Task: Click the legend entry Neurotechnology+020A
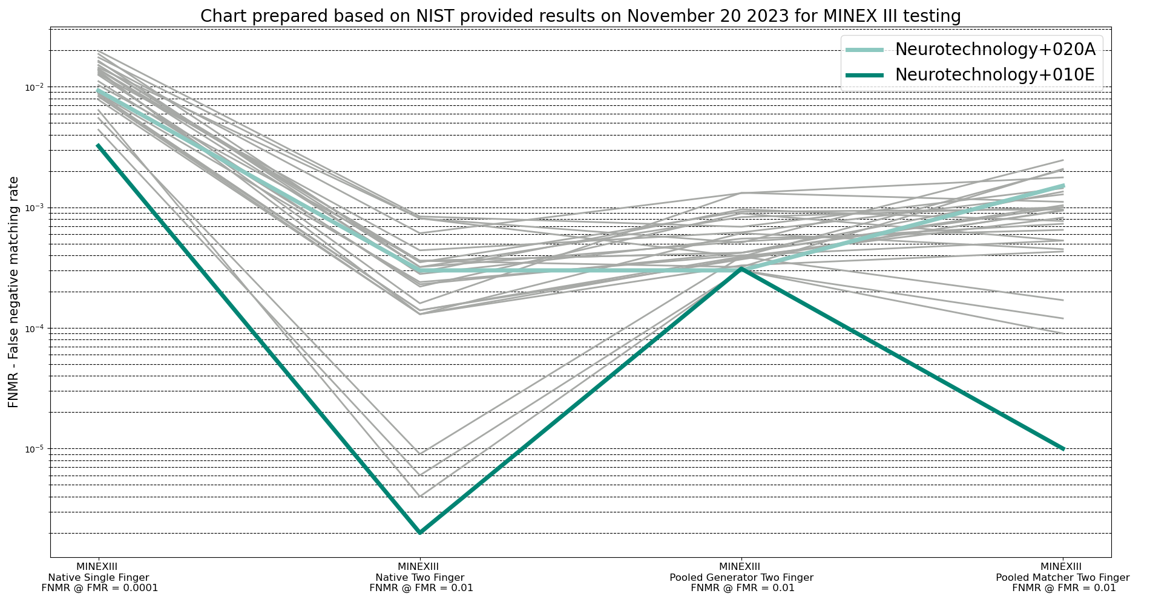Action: coord(994,50)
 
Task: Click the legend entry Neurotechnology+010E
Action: coord(994,74)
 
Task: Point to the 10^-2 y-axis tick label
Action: coord(35,88)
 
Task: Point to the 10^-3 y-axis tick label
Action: coord(35,208)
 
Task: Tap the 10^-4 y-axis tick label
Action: coord(35,329)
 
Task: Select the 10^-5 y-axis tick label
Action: coord(35,449)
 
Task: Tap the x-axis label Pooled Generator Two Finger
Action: coord(741,577)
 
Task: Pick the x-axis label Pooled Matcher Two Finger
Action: coord(1063,577)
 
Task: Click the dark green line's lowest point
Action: coord(420,533)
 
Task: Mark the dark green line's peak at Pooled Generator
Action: coord(741,268)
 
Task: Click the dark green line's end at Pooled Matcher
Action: coord(1063,449)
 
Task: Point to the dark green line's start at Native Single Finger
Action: coord(98,145)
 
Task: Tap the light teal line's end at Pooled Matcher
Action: coord(1063,186)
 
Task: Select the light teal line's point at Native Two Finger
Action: coord(420,271)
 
